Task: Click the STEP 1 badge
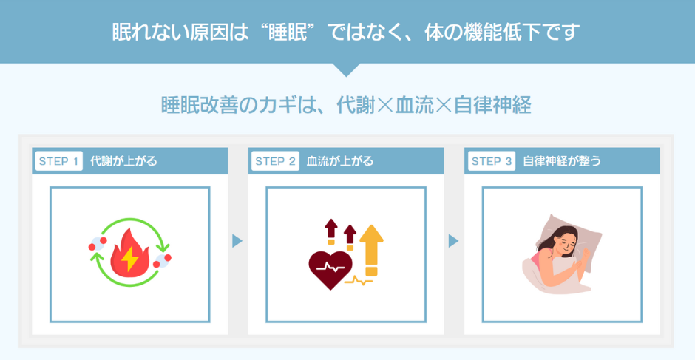[58, 161]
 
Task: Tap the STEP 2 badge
[275, 161]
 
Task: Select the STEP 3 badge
[492, 161]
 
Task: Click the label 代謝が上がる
[123, 161]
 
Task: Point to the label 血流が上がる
[340, 161]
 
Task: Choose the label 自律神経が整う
[561, 161]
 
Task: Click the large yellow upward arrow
[372, 248]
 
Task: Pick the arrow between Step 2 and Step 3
[453, 241]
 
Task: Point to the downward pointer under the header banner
[347, 69]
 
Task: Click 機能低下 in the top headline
[504, 32]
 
